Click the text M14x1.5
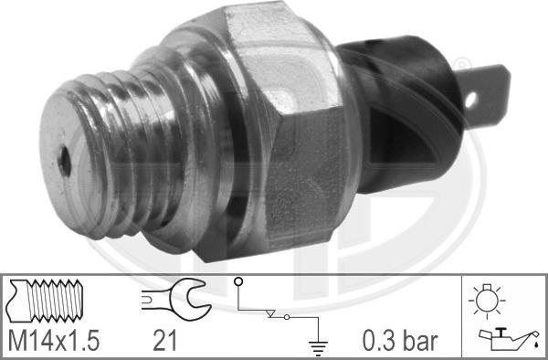tap(54, 342)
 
